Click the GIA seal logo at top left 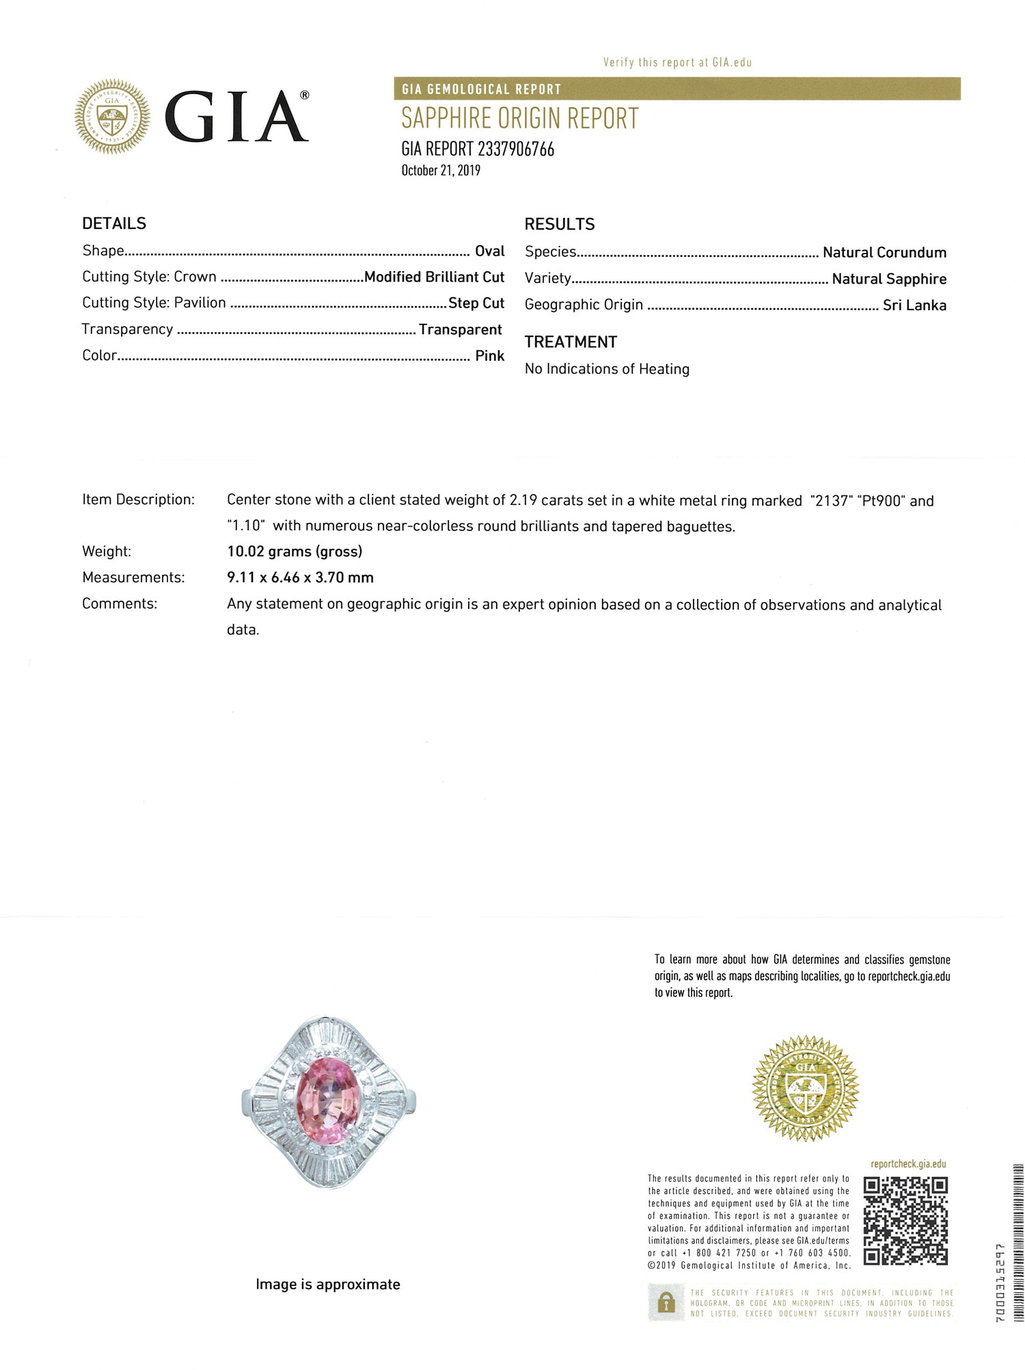tap(112, 116)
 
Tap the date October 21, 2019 tap(441, 170)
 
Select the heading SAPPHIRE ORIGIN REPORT tap(519, 119)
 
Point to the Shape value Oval tap(490, 251)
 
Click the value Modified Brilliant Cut tap(434, 277)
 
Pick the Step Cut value tap(476, 303)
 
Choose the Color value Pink tap(490, 355)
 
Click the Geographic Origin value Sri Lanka tap(914, 305)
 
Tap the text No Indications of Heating tap(607, 369)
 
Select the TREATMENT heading tap(571, 342)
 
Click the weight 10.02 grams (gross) tap(295, 551)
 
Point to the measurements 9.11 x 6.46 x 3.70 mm tap(300, 577)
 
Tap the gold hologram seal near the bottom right tap(805, 1088)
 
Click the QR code tap(905, 1220)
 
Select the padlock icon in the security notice tap(665, 1302)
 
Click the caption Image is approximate tap(328, 1284)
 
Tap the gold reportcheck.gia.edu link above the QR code tap(908, 1164)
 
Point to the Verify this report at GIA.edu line tap(677, 62)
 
